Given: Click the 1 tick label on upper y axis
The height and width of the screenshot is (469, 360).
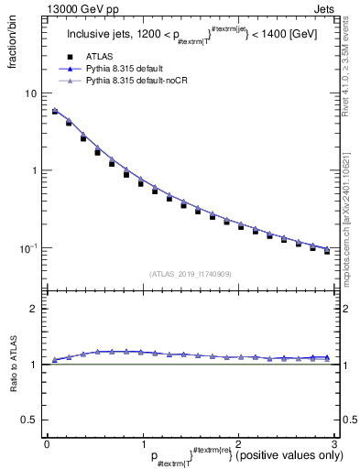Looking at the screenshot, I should click(x=32, y=170).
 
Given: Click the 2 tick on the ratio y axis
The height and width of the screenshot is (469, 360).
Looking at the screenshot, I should click(x=32, y=309).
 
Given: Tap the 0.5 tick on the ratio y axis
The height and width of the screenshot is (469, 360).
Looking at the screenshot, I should click(x=27, y=420).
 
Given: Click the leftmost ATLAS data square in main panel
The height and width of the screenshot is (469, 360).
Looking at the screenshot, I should click(x=55, y=113).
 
